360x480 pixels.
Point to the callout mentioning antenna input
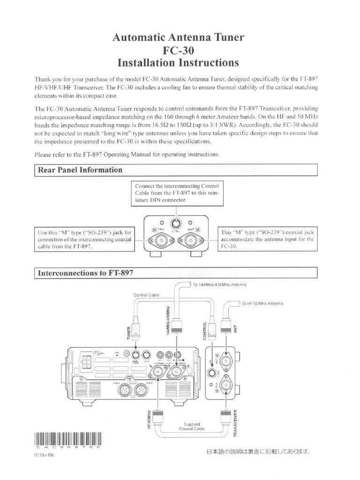click(267, 239)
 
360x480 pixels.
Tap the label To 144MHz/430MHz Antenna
click(219, 285)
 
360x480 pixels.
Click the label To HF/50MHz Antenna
click(262, 303)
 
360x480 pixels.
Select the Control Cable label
click(146, 295)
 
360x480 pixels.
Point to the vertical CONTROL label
click(204, 331)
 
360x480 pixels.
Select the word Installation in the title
click(149, 62)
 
